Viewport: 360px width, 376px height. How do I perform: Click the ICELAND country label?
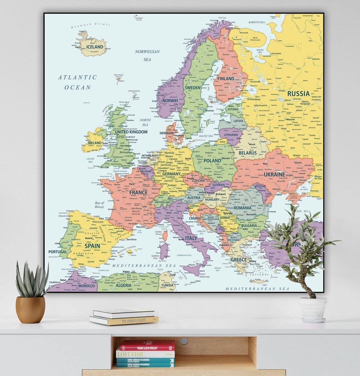95,47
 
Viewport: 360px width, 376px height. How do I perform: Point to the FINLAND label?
226,79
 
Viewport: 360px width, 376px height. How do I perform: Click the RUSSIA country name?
298,94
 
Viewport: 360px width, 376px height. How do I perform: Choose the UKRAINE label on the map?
274,174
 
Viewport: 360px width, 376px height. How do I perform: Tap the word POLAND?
212,161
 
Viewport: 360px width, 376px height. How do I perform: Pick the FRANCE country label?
138,193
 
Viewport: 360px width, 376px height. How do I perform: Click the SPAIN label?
92,246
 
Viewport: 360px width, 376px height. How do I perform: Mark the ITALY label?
191,238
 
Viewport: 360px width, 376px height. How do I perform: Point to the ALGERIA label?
123,285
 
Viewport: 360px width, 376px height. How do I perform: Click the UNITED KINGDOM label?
131,132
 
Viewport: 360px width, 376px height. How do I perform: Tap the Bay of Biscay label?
99,205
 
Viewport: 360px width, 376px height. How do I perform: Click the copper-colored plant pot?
30,309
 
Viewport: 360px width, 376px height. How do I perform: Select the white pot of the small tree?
313,309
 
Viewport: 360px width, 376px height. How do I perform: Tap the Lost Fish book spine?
145,354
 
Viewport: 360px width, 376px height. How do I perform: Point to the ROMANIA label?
242,208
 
